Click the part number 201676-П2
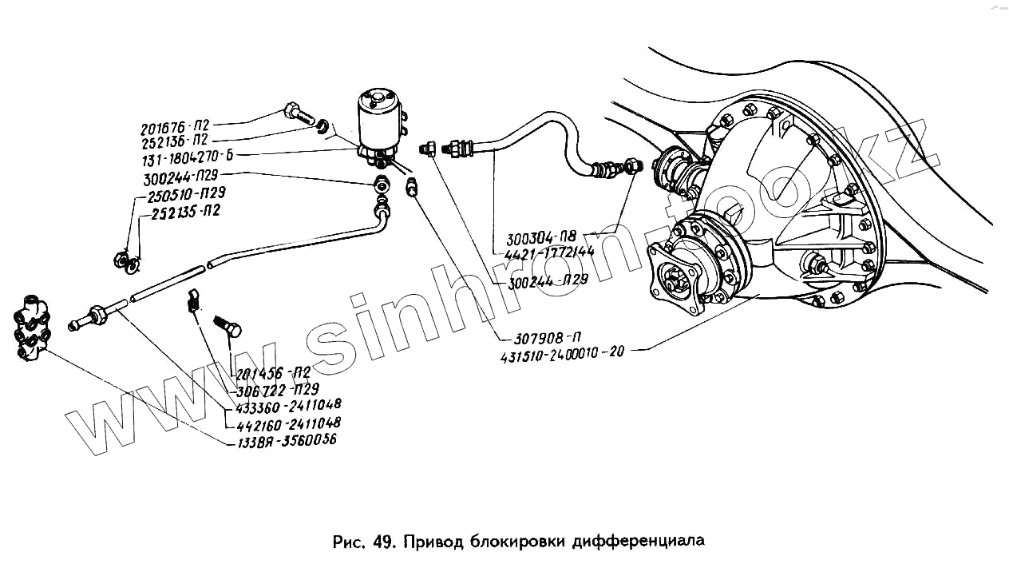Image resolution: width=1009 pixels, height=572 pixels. pyautogui.click(x=174, y=128)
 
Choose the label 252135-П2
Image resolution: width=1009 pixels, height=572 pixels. pyautogui.click(x=184, y=212)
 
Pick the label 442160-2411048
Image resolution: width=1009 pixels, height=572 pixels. pyautogui.click(x=283, y=422)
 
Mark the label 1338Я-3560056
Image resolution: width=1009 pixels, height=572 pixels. pyautogui.click(x=282, y=439)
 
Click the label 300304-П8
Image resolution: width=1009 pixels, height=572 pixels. pyautogui.click(x=542, y=238)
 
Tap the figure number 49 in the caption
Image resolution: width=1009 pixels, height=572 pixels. pyautogui.click(x=382, y=542)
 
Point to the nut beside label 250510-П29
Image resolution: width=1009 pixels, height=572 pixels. pyautogui.click(x=117, y=258)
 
